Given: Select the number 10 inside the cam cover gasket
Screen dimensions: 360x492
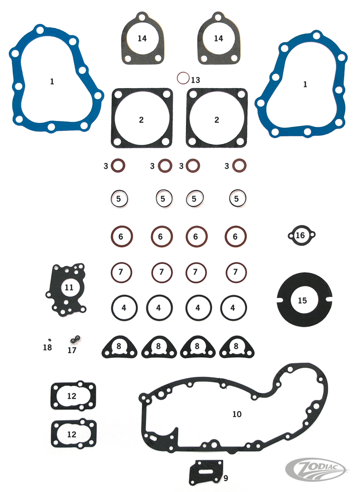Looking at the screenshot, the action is (237, 414).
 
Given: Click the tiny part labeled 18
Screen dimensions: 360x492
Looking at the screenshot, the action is (49, 339).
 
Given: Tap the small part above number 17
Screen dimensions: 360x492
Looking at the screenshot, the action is (75, 339).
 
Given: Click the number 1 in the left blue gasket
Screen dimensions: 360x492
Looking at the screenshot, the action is (52, 81).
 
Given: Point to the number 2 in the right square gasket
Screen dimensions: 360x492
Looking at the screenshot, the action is (217, 119).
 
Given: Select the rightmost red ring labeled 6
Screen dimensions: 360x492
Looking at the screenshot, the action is (227, 236).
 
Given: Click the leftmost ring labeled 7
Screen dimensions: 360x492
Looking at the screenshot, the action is (113, 272).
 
